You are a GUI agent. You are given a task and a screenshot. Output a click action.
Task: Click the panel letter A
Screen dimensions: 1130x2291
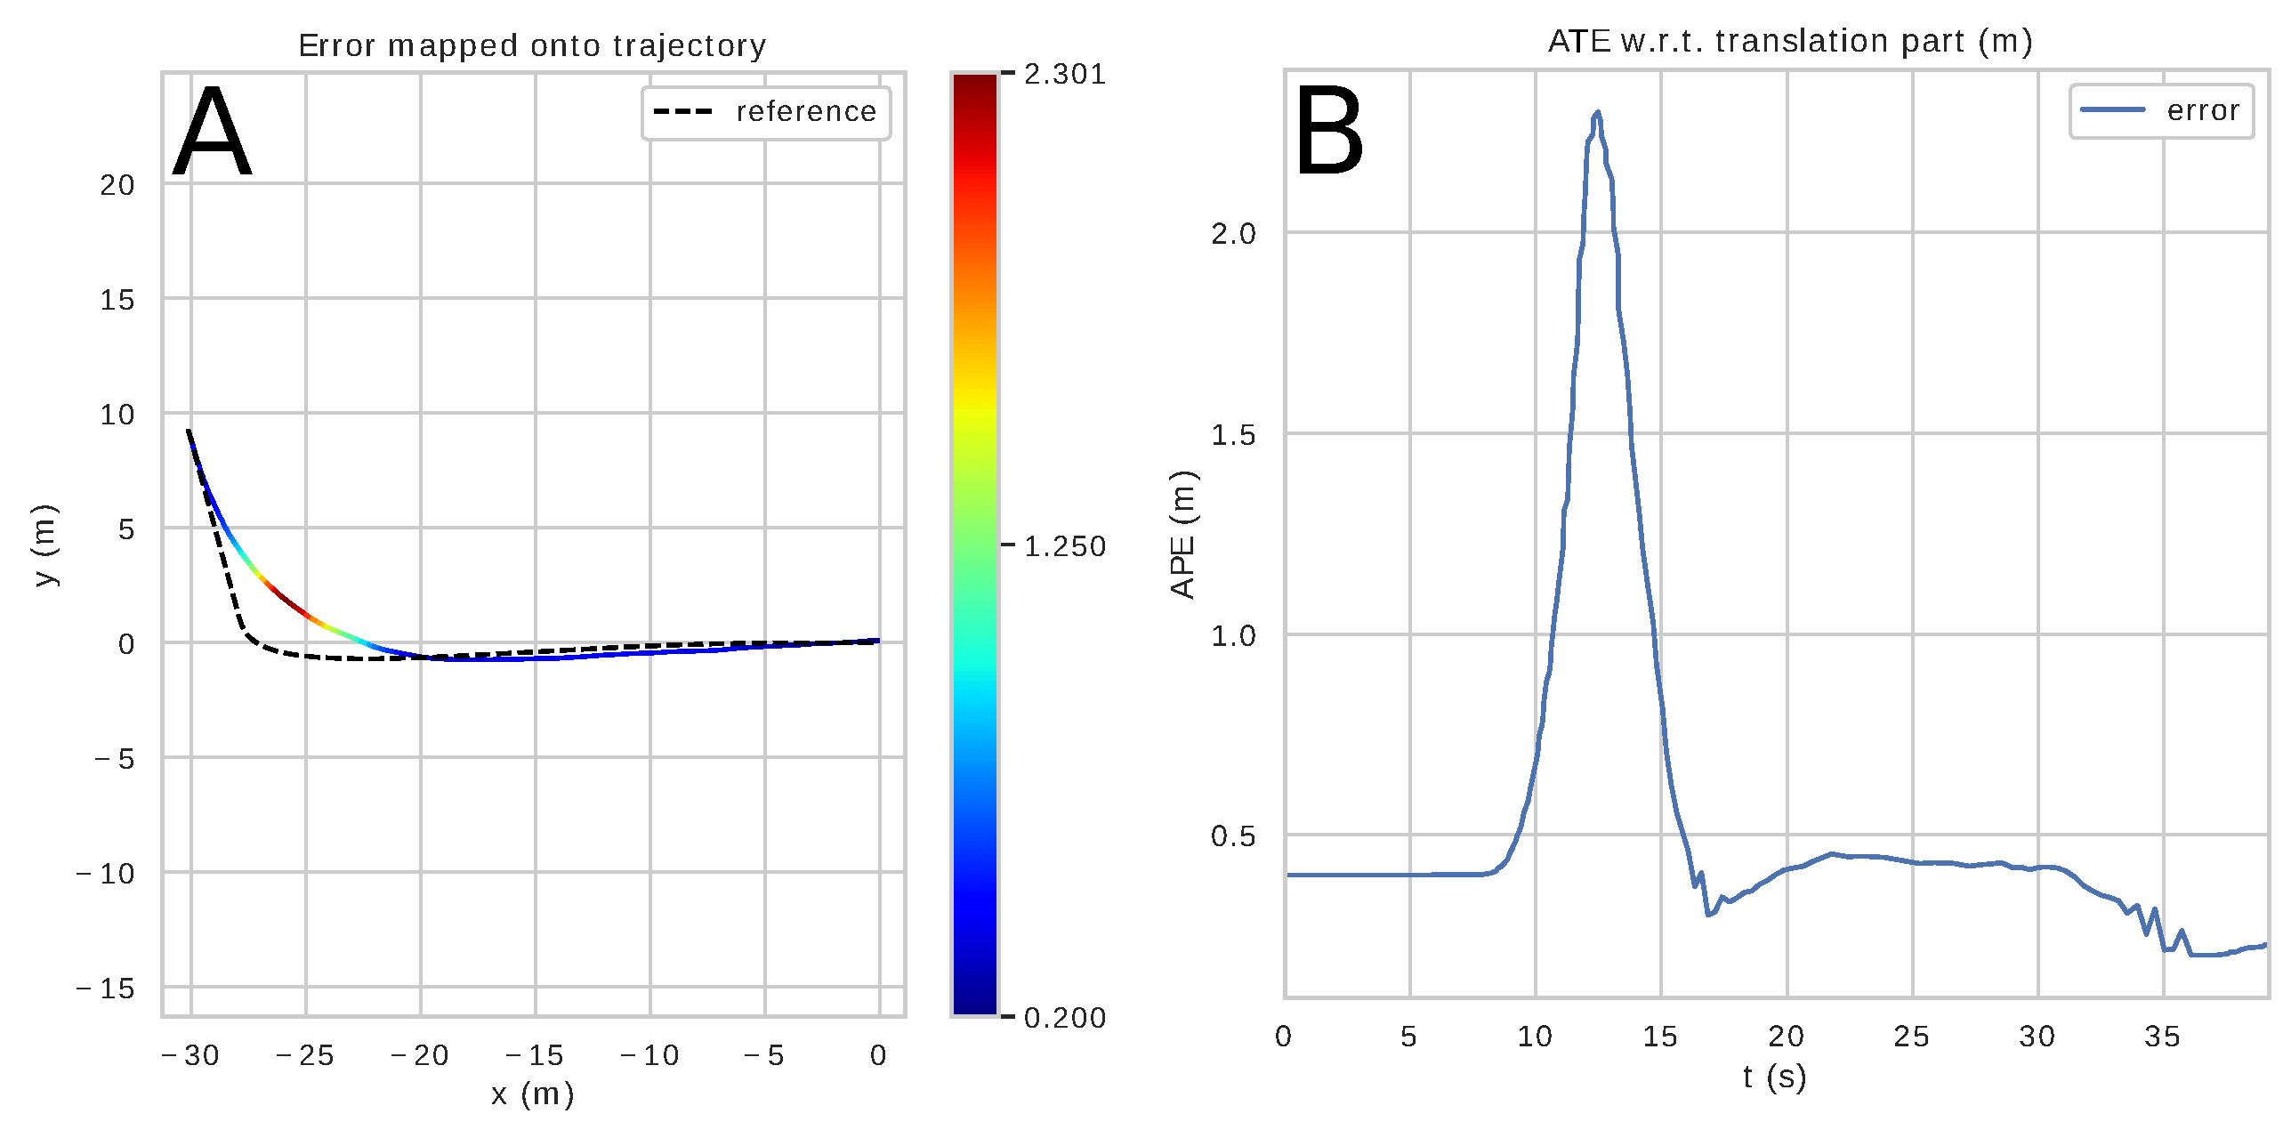click(x=212, y=133)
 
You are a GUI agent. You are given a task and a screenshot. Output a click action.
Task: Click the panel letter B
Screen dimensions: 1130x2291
click(x=1328, y=132)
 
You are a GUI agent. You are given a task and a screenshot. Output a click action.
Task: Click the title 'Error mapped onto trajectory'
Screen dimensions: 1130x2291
click(x=532, y=45)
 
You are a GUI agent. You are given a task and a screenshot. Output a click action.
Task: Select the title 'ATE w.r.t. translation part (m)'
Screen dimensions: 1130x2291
click(x=1789, y=41)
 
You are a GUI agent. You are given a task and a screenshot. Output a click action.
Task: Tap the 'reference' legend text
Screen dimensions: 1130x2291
click(x=806, y=112)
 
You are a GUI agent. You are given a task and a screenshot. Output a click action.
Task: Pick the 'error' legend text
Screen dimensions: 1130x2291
click(x=2203, y=111)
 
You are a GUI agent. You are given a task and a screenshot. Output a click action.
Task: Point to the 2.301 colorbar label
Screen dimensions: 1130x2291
click(x=1064, y=74)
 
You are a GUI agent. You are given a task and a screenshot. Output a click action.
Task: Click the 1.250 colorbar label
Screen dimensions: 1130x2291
click(x=1064, y=546)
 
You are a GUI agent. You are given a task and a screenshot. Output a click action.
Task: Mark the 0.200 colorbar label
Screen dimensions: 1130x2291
click(x=1064, y=1018)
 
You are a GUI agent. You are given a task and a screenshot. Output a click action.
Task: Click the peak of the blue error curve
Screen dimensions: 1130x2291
click(x=1598, y=113)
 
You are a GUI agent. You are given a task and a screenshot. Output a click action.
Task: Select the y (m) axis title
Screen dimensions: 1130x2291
click(x=44, y=545)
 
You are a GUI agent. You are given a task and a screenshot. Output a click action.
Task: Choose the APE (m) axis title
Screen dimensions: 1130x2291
click(x=1183, y=534)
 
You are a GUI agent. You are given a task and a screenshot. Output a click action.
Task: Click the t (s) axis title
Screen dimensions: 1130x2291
click(x=1774, y=1078)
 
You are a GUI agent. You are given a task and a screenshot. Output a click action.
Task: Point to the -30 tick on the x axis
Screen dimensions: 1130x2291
click(x=190, y=1055)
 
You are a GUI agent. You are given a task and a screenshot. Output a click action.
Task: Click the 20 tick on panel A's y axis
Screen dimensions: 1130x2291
click(x=117, y=185)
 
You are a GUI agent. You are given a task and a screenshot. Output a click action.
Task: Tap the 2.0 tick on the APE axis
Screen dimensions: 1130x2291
click(x=1233, y=234)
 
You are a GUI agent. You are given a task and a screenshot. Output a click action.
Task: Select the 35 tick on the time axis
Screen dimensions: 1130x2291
click(x=2162, y=1037)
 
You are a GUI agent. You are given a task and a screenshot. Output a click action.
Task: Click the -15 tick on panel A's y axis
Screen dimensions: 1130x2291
click(x=106, y=989)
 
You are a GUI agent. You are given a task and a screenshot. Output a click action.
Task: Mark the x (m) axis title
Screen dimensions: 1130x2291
click(x=532, y=1094)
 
